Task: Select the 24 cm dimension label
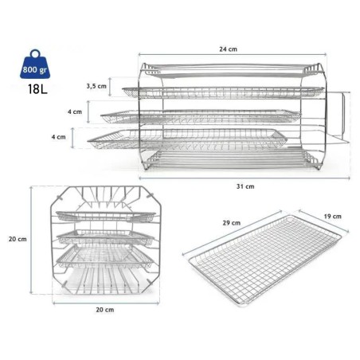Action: point(230,49)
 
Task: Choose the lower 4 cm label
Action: point(58,137)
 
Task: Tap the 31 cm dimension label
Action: point(249,186)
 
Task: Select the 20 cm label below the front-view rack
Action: point(101,308)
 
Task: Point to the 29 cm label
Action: point(232,224)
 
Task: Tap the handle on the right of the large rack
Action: point(339,119)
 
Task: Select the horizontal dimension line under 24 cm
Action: point(230,57)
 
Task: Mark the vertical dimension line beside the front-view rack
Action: point(33,239)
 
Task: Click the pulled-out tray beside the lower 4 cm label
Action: point(183,139)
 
